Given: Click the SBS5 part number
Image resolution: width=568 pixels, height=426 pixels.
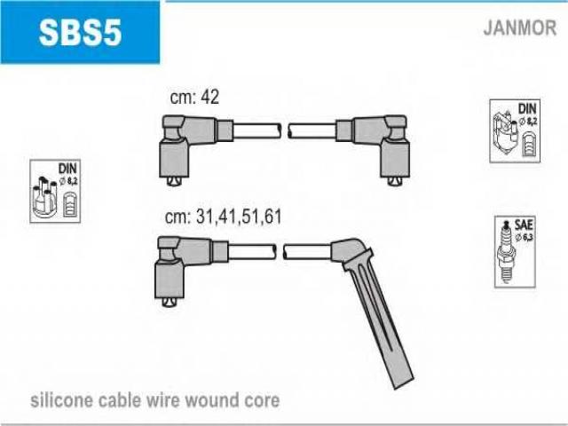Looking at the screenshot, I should point(79,33).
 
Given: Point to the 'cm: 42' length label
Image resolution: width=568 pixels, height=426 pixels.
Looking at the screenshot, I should point(193,98).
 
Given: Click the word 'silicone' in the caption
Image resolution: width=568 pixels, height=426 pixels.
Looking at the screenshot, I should point(61,401).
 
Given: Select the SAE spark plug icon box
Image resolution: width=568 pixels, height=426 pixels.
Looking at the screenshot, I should point(516,252).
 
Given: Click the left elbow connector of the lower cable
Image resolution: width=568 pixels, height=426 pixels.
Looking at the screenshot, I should point(176,267).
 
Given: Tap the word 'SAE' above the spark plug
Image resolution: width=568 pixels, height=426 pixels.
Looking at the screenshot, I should point(523,224).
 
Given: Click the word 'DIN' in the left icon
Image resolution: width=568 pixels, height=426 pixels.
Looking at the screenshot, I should point(67,168).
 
